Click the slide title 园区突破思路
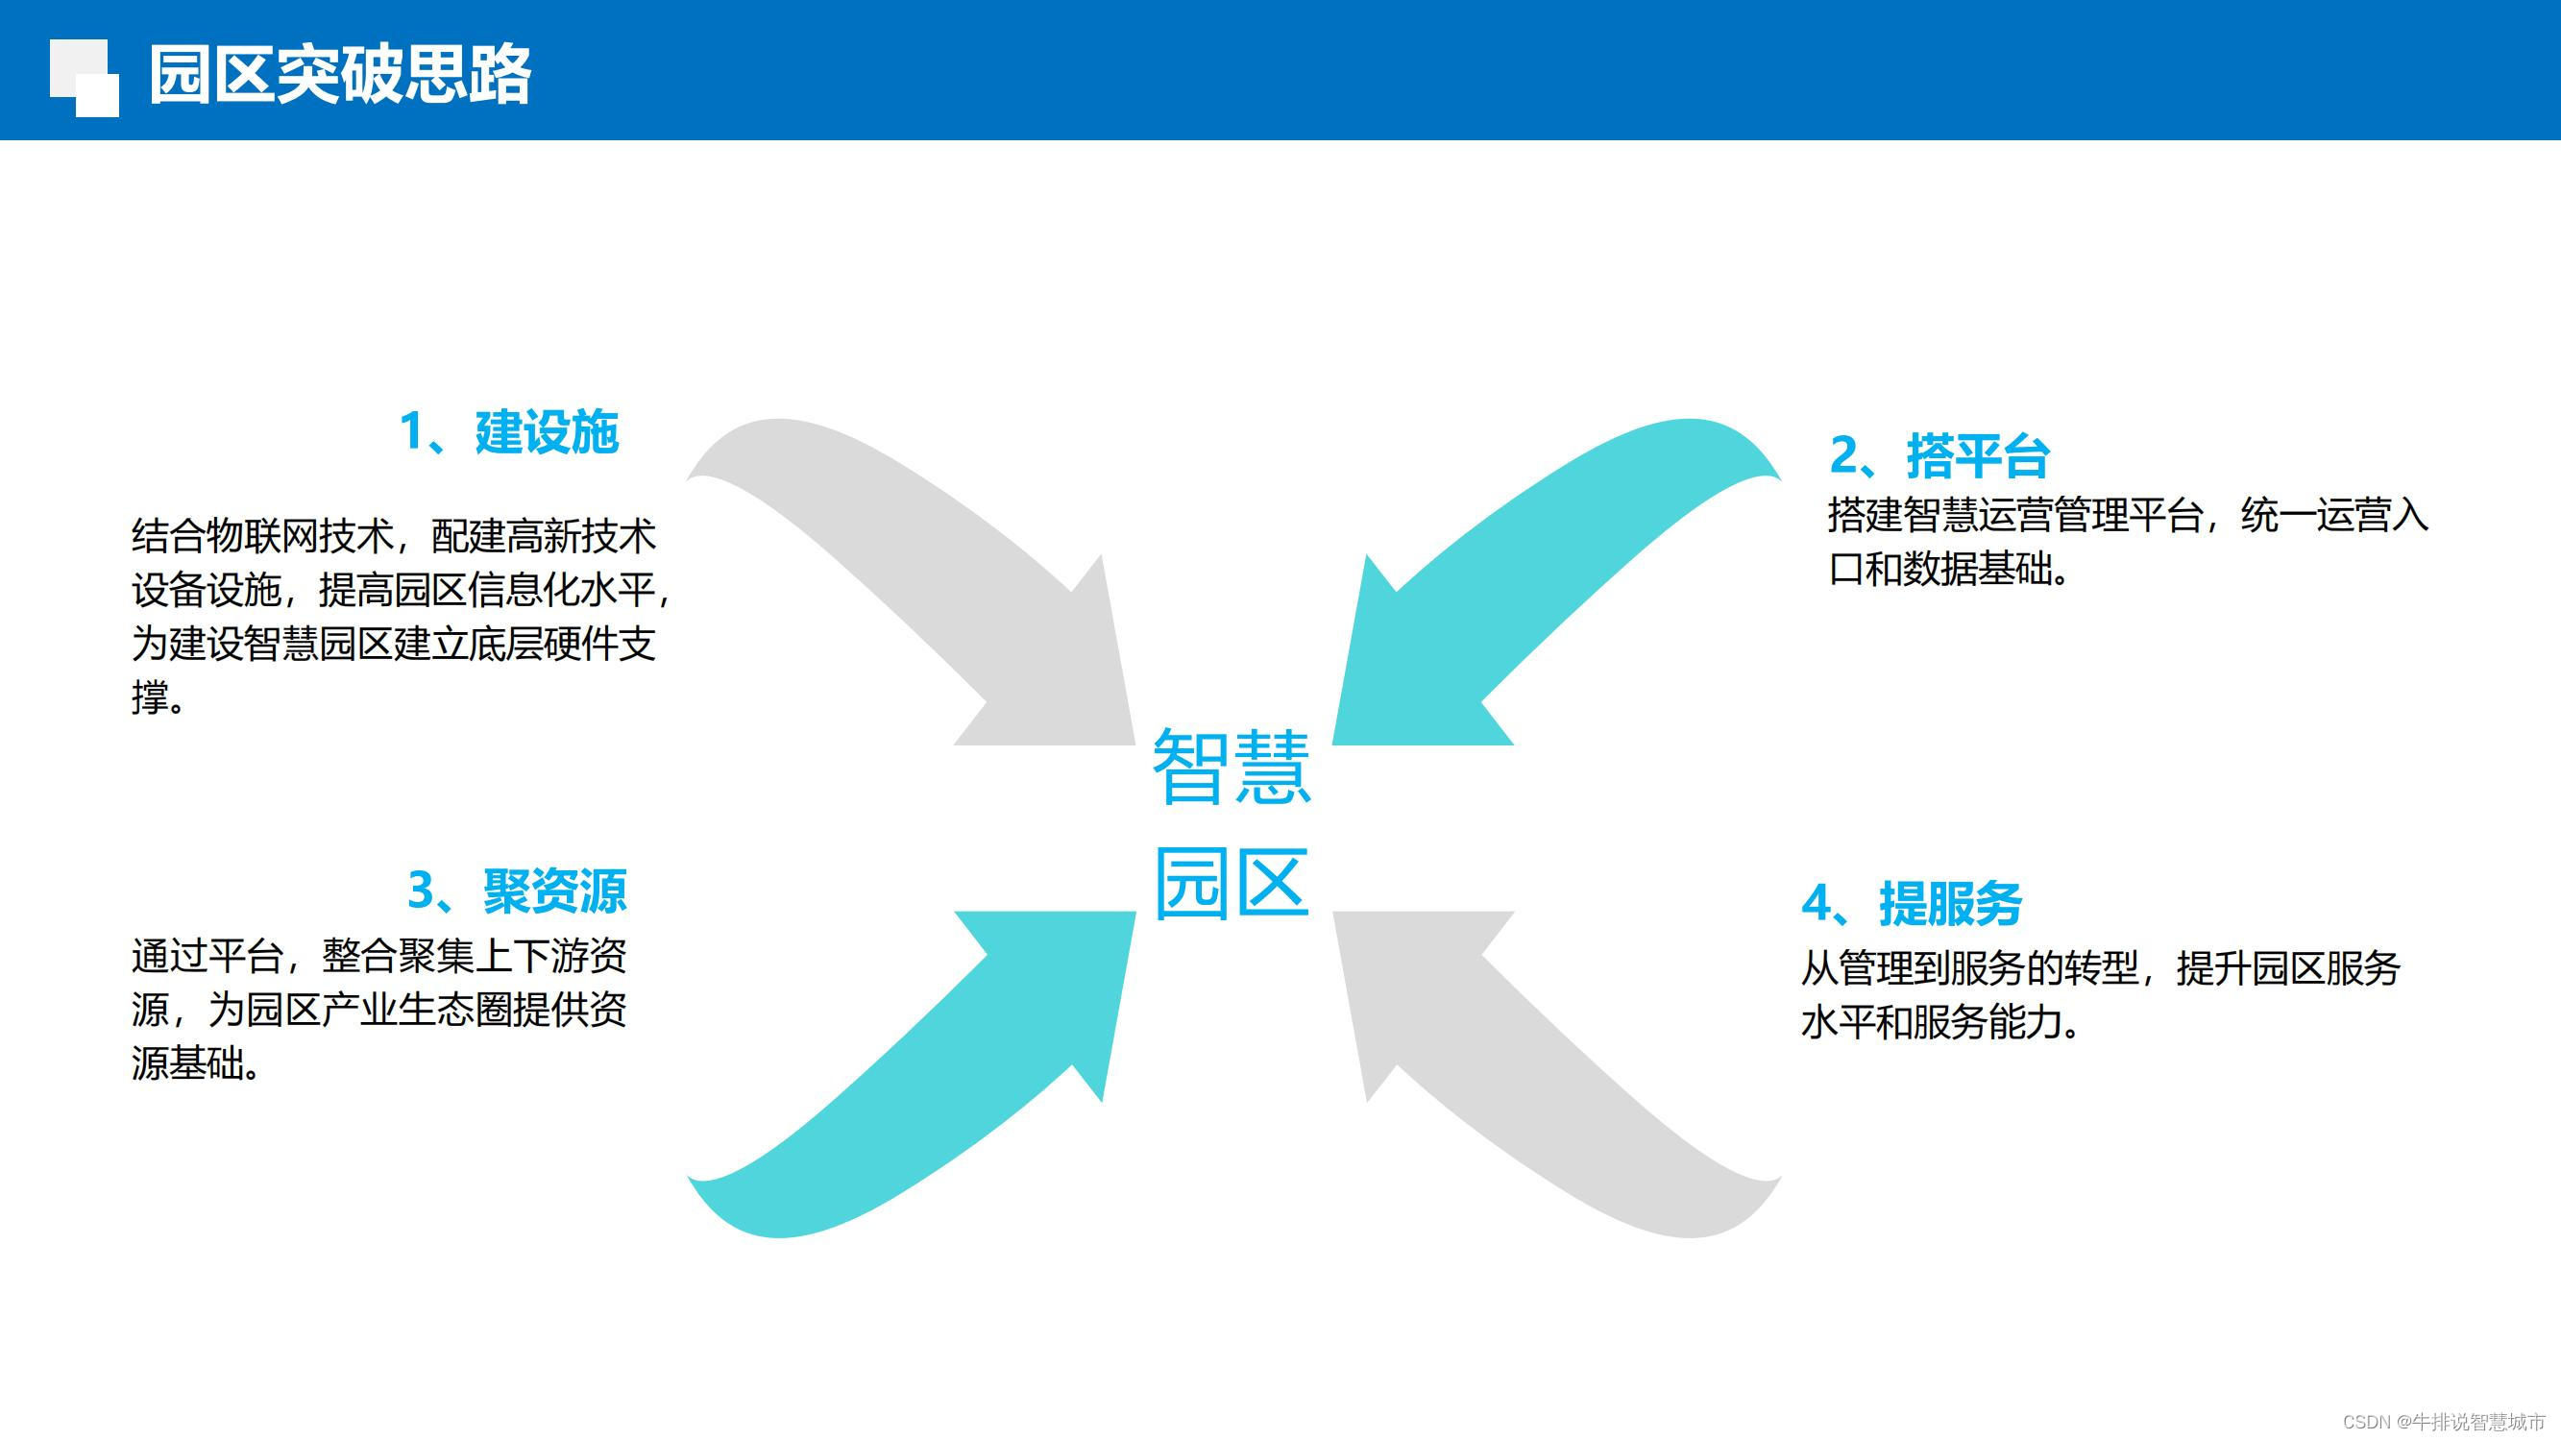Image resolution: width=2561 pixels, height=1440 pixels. point(340,75)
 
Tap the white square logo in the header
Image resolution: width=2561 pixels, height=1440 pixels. point(85,78)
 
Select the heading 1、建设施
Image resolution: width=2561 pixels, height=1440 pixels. point(509,432)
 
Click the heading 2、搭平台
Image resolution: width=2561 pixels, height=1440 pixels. point(1939,456)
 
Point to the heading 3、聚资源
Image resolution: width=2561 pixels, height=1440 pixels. point(517,891)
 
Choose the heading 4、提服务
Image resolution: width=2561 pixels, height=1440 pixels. point(1912,904)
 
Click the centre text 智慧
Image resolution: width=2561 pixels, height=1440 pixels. point(1232,766)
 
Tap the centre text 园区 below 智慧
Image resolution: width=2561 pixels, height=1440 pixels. point(1232,883)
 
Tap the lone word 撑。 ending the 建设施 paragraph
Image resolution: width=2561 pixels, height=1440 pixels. point(159,697)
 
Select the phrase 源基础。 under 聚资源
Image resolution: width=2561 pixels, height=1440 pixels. point(197,1064)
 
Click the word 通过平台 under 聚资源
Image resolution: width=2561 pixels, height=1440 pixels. point(207,957)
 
